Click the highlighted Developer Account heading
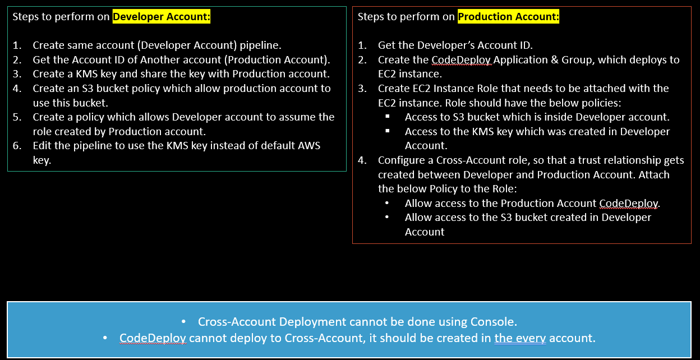(162, 17)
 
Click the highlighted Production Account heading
(508, 17)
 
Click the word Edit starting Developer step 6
(43, 146)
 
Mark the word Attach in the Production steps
(653, 174)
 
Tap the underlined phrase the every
(520, 339)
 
